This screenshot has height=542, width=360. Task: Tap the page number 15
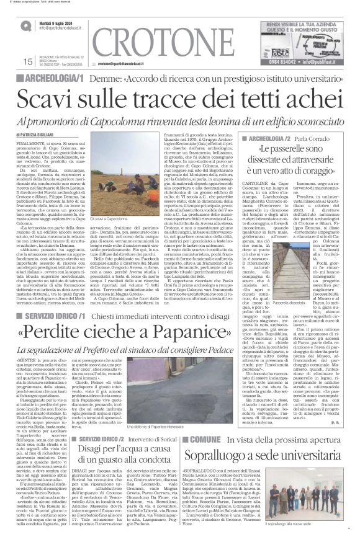(x=27, y=62)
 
